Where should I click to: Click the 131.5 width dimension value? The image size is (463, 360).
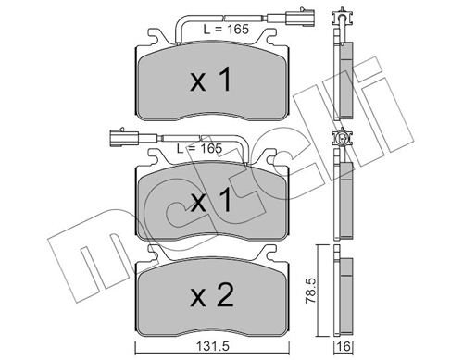click(x=212, y=346)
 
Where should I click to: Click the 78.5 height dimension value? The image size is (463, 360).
click(x=311, y=291)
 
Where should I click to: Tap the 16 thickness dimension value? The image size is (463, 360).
click(x=344, y=347)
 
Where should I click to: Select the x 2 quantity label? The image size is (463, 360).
click(x=212, y=295)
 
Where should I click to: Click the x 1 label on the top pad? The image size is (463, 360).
click(x=211, y=80)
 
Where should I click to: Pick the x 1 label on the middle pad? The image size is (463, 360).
click(x=211, y=200)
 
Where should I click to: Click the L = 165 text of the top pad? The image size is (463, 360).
click(x=226, y=29)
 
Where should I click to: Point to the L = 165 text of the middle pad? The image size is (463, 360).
click(x=199, y=148)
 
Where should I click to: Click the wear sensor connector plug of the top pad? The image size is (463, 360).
click(x=300, y=18)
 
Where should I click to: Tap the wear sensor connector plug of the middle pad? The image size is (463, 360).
click(x=124, y=137)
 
